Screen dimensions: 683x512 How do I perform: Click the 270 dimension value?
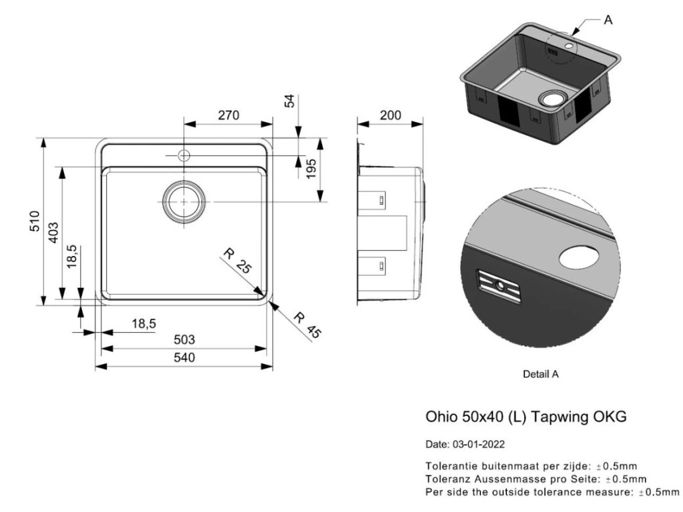[228, 115]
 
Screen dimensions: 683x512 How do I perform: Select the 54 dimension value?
[289, 101]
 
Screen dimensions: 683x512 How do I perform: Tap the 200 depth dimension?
[390, 115]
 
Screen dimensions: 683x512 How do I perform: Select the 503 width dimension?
[184, 340]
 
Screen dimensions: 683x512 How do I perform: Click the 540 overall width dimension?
[184, 358]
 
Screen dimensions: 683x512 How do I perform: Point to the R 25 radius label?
[237, 261]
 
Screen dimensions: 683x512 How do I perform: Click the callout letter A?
[608, 20]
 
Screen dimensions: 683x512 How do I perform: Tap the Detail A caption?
[540, 375]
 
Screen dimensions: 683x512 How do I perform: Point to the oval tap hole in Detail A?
[578, 256]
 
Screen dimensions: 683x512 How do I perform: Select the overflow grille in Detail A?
[500, 285]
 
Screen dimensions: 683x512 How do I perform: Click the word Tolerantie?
[452, 466]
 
